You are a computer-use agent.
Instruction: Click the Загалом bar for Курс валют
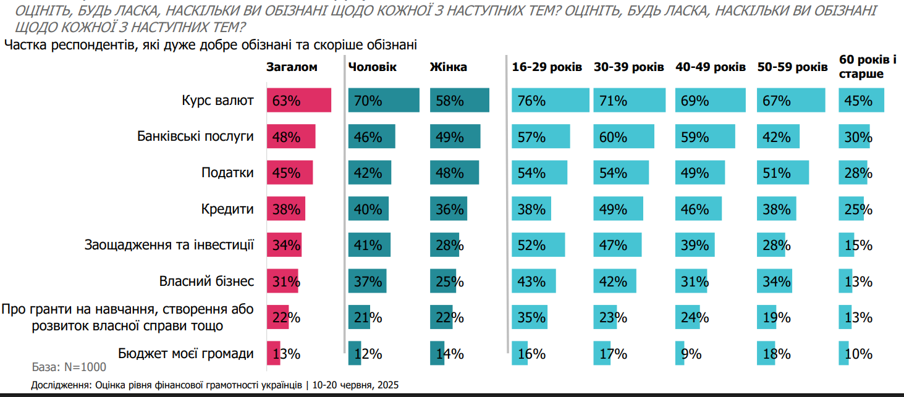(299, 101)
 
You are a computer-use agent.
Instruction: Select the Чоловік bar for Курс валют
(384, 101)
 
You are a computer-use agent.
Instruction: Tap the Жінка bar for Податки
(454, 172)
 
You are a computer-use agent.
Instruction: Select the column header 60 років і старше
(867, 67)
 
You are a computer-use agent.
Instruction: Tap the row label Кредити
(227, 209)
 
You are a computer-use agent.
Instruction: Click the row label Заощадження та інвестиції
(169, 244)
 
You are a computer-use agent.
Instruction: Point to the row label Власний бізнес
(206, 282)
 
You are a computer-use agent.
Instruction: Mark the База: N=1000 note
(69, 367)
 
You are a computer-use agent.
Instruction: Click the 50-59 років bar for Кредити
(777, 209)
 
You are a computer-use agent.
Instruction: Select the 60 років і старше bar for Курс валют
(861, 101)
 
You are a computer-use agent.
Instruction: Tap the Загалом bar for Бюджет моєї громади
(274, 354)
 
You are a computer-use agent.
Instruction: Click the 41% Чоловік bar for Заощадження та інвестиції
(369, 244)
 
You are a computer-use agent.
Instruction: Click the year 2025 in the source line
(387, 385)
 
